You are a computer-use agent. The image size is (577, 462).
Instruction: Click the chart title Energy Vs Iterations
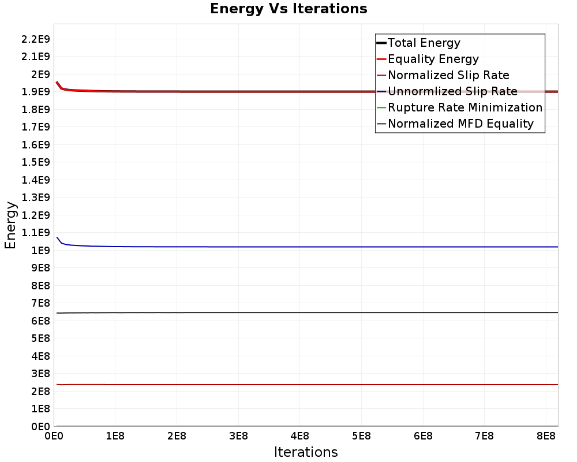pos(288,9)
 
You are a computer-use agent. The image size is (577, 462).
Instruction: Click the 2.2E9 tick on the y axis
pos(35,39)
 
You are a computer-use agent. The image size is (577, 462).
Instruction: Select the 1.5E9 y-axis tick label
pos(35,162)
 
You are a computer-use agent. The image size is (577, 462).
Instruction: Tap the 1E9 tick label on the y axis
pos(40,251)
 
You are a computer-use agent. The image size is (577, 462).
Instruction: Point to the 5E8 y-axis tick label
pos(40,338)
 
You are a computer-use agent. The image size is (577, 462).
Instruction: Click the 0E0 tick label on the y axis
pos(40,427)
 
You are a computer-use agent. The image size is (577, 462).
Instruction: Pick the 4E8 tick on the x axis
pos(299,436)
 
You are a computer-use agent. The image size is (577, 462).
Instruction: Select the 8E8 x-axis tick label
pos(546,436)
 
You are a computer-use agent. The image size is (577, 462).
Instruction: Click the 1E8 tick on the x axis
pos(115,436)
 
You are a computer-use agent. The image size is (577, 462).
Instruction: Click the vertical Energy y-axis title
pos(10,225)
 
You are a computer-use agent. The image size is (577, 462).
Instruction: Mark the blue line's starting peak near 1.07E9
pos(57,237)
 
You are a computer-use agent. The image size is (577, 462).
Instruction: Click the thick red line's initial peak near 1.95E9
pos(57,82)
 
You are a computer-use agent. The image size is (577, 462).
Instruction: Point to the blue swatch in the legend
pos(381,91)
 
